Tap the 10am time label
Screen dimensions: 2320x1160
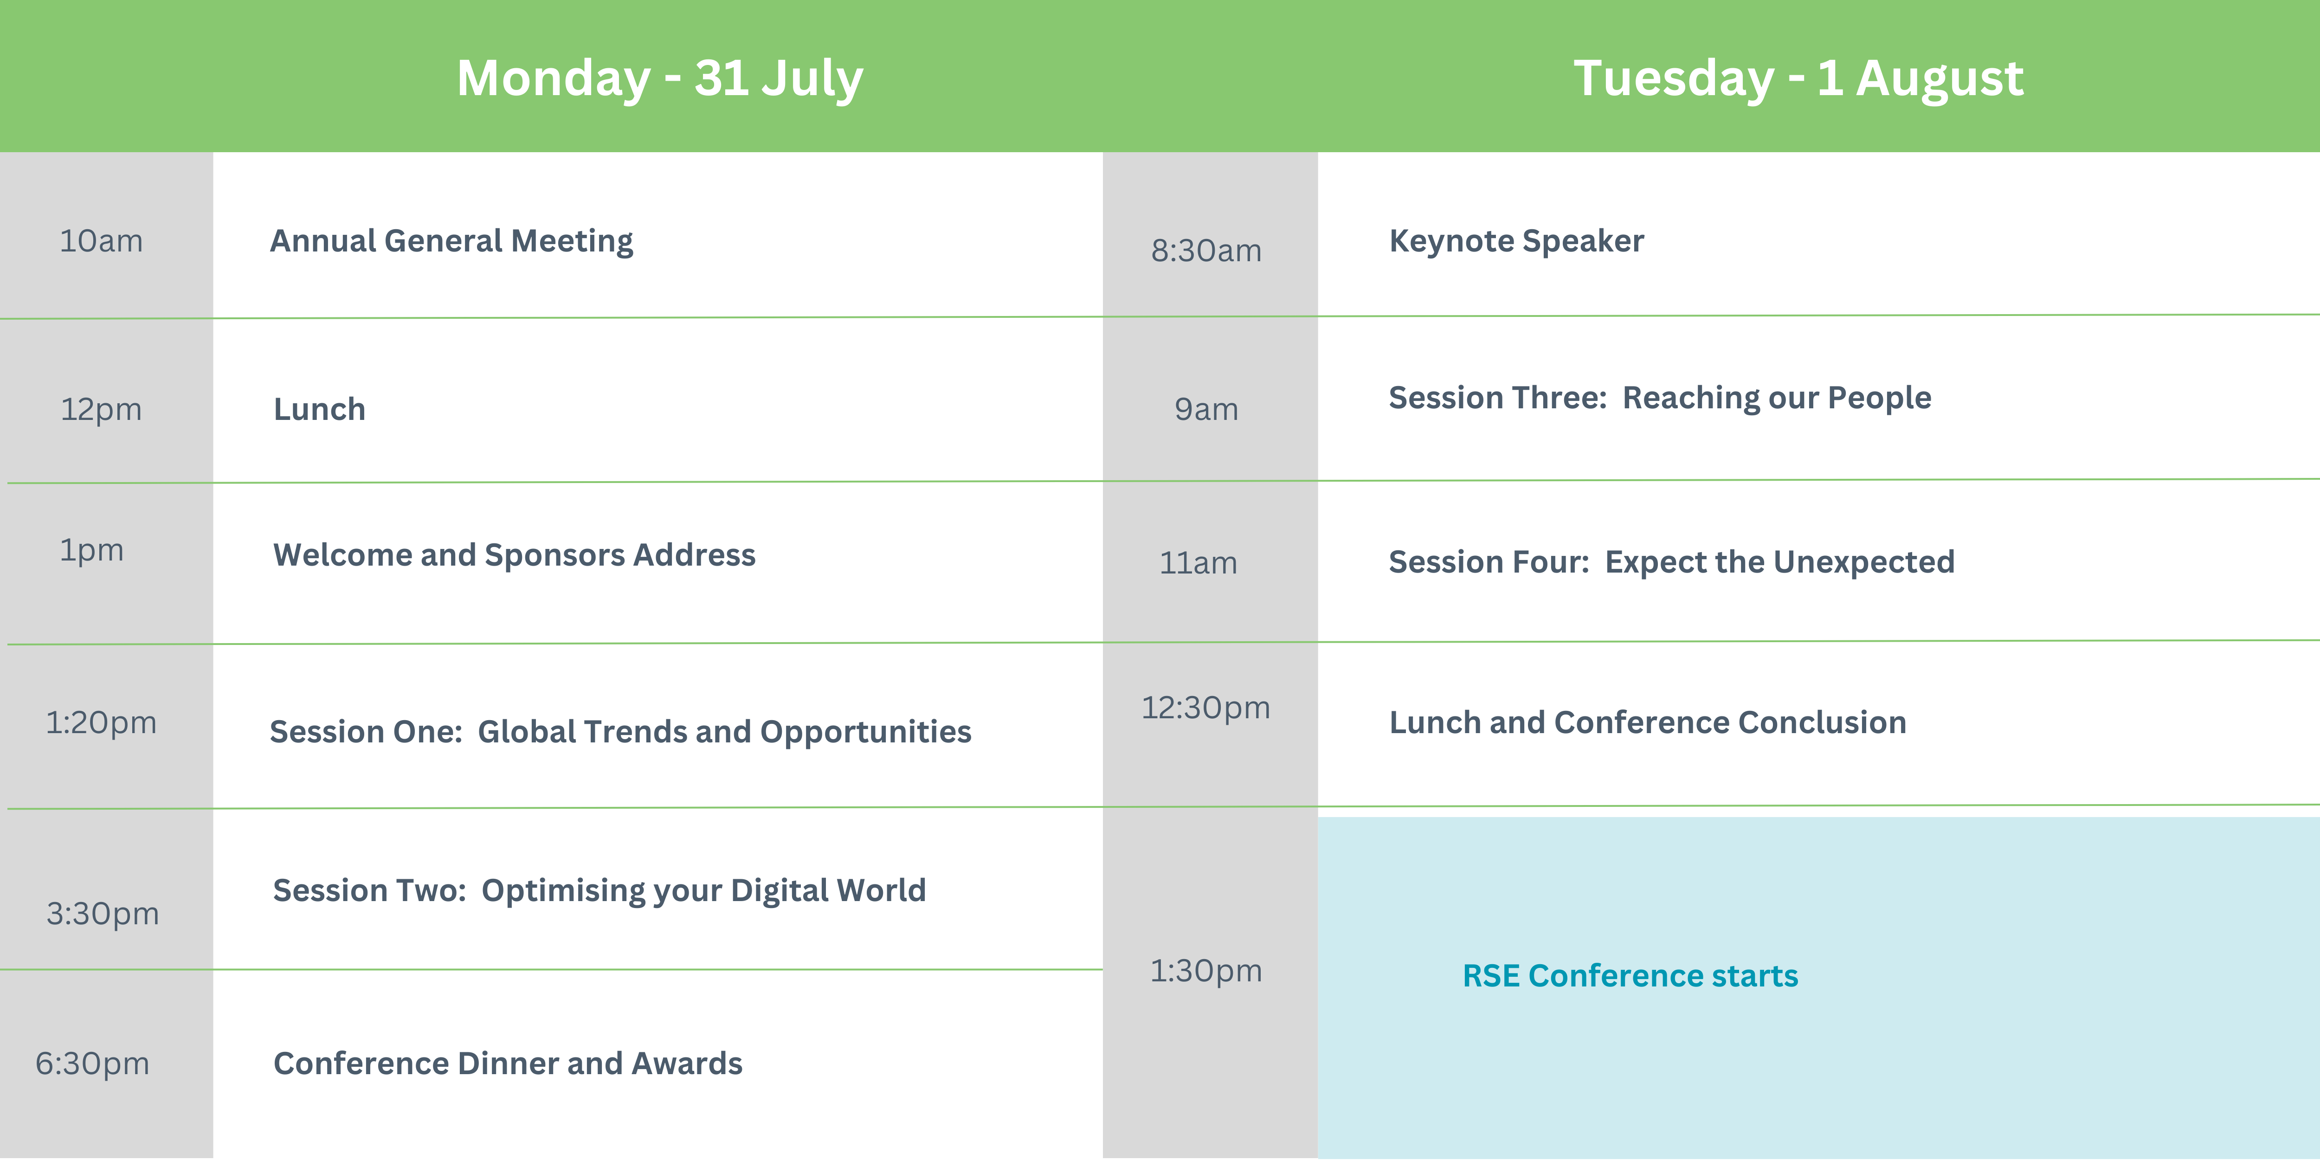(x=101, y=241)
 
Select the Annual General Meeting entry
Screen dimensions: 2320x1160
(x=451, y=241)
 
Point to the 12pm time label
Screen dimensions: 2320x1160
(x=101, y=410)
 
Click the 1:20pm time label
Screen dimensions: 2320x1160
(x=101, y=722)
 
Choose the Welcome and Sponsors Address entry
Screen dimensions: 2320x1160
(x=514, y=555)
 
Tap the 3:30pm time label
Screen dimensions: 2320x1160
(x=103, y=914)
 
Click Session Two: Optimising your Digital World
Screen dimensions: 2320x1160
(x=599, y=891)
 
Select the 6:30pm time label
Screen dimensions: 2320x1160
(x=92, y=1063)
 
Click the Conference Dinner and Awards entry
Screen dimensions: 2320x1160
(x=508, y=1063)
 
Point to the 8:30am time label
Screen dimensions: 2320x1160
(x=1206, y=251)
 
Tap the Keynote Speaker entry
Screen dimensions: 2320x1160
(x=1517, y=241)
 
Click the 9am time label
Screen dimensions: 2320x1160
(x=1206, y=410)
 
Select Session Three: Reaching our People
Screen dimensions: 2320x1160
(x=1660, y=398)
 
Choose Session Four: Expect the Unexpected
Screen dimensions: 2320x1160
(x=1671, y=562)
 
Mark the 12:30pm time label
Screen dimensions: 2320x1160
(x=1206, y=708)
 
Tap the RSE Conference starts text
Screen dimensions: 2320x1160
(x=1630, y=976)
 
